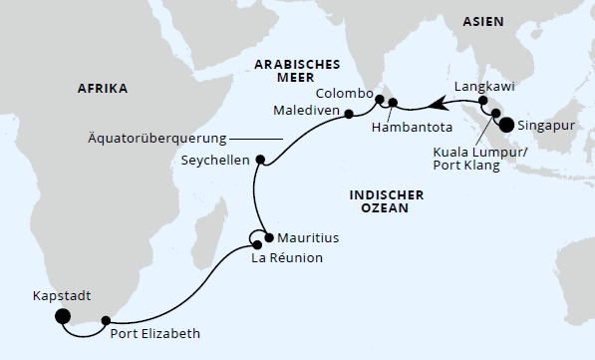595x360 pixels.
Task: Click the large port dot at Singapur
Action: click(507, 125)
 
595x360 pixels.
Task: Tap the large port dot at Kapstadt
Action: click(63, 317)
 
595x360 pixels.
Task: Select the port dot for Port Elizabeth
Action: click(103, 321)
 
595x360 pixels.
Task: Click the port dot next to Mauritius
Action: click(267, 238)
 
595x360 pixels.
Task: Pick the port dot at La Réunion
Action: click(257, 244)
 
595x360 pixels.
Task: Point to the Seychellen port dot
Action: click(260, 160)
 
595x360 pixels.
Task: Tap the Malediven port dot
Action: click(349, 113)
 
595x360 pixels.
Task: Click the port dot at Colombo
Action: click(380, 99)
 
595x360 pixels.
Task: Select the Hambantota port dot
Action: click(393, 103)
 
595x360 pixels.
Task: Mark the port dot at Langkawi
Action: click(483, 101)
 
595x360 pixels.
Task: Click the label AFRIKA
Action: click(103, 89)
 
